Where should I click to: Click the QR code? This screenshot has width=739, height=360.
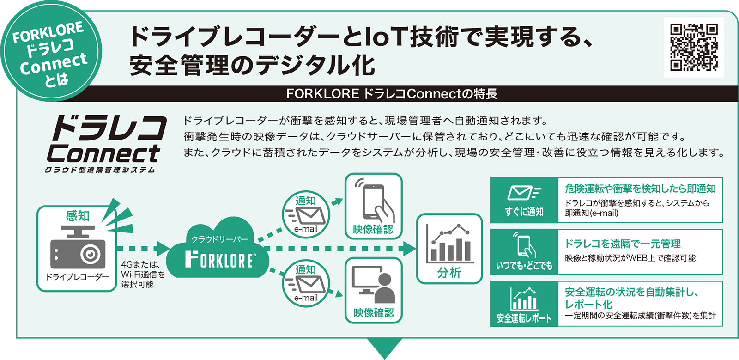click(694, 47)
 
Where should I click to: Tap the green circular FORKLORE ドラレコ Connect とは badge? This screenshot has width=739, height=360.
click(51, 51)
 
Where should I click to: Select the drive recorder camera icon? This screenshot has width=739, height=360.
click(78, 247)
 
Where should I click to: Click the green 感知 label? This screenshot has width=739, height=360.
click(78, 216)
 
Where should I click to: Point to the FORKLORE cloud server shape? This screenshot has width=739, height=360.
click(218, 248)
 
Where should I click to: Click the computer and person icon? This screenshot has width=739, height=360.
click(373, 284)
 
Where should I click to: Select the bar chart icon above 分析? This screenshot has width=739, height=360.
click(449, 244)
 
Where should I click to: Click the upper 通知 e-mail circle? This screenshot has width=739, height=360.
click(306, 214)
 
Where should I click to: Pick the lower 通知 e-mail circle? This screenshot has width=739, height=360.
click(306, 283)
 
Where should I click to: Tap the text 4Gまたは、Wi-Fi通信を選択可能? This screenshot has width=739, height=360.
click(143, 274)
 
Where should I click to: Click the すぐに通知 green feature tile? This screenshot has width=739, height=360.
click(524, 200)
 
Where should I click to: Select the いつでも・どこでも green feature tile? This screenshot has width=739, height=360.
click(524, 252)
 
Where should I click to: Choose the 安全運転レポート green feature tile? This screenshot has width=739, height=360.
click(524, 304)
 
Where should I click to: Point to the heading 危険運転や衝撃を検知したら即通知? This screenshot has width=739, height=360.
click(640, 189)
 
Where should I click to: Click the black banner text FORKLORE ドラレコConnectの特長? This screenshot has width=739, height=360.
click(392, 94)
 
